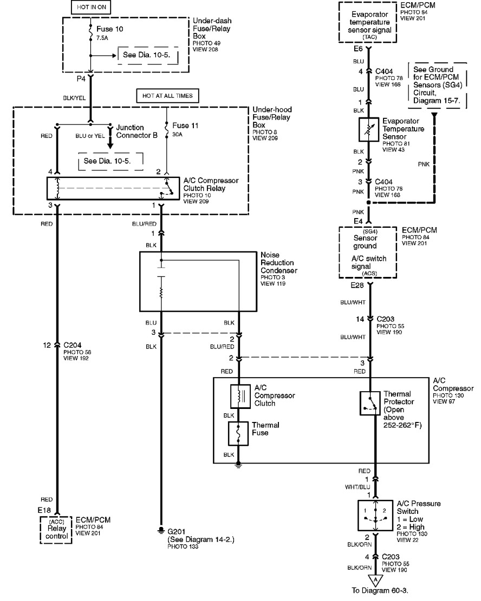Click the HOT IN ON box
click(x=92, y=7)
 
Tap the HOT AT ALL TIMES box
click(x=167, y=96)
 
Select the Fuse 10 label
click(x=110, y=29)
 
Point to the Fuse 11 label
click(x=185, y=126)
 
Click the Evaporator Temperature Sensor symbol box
click(x=368, y=129)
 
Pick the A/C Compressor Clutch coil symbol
click(x=240, y=397)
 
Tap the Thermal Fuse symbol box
click(x=238, y=433)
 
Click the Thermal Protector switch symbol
click(x=370, y=403)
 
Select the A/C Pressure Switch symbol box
click(x=375, y=516)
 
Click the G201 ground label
click(x=177, y=532)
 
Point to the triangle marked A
click(x=375, y=580)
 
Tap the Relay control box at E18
click(x=56, y=530)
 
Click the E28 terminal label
click(x=357, y=286)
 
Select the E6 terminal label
click(x=358, y=49)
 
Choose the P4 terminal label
click(x=81, y=78)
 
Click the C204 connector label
click(x=73, y=345)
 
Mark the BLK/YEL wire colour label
click(x=74, y=98)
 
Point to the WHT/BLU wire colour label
click(x=357, y=487)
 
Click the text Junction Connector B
click(x=136, y=131)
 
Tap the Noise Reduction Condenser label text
click(x=279, y=262)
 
